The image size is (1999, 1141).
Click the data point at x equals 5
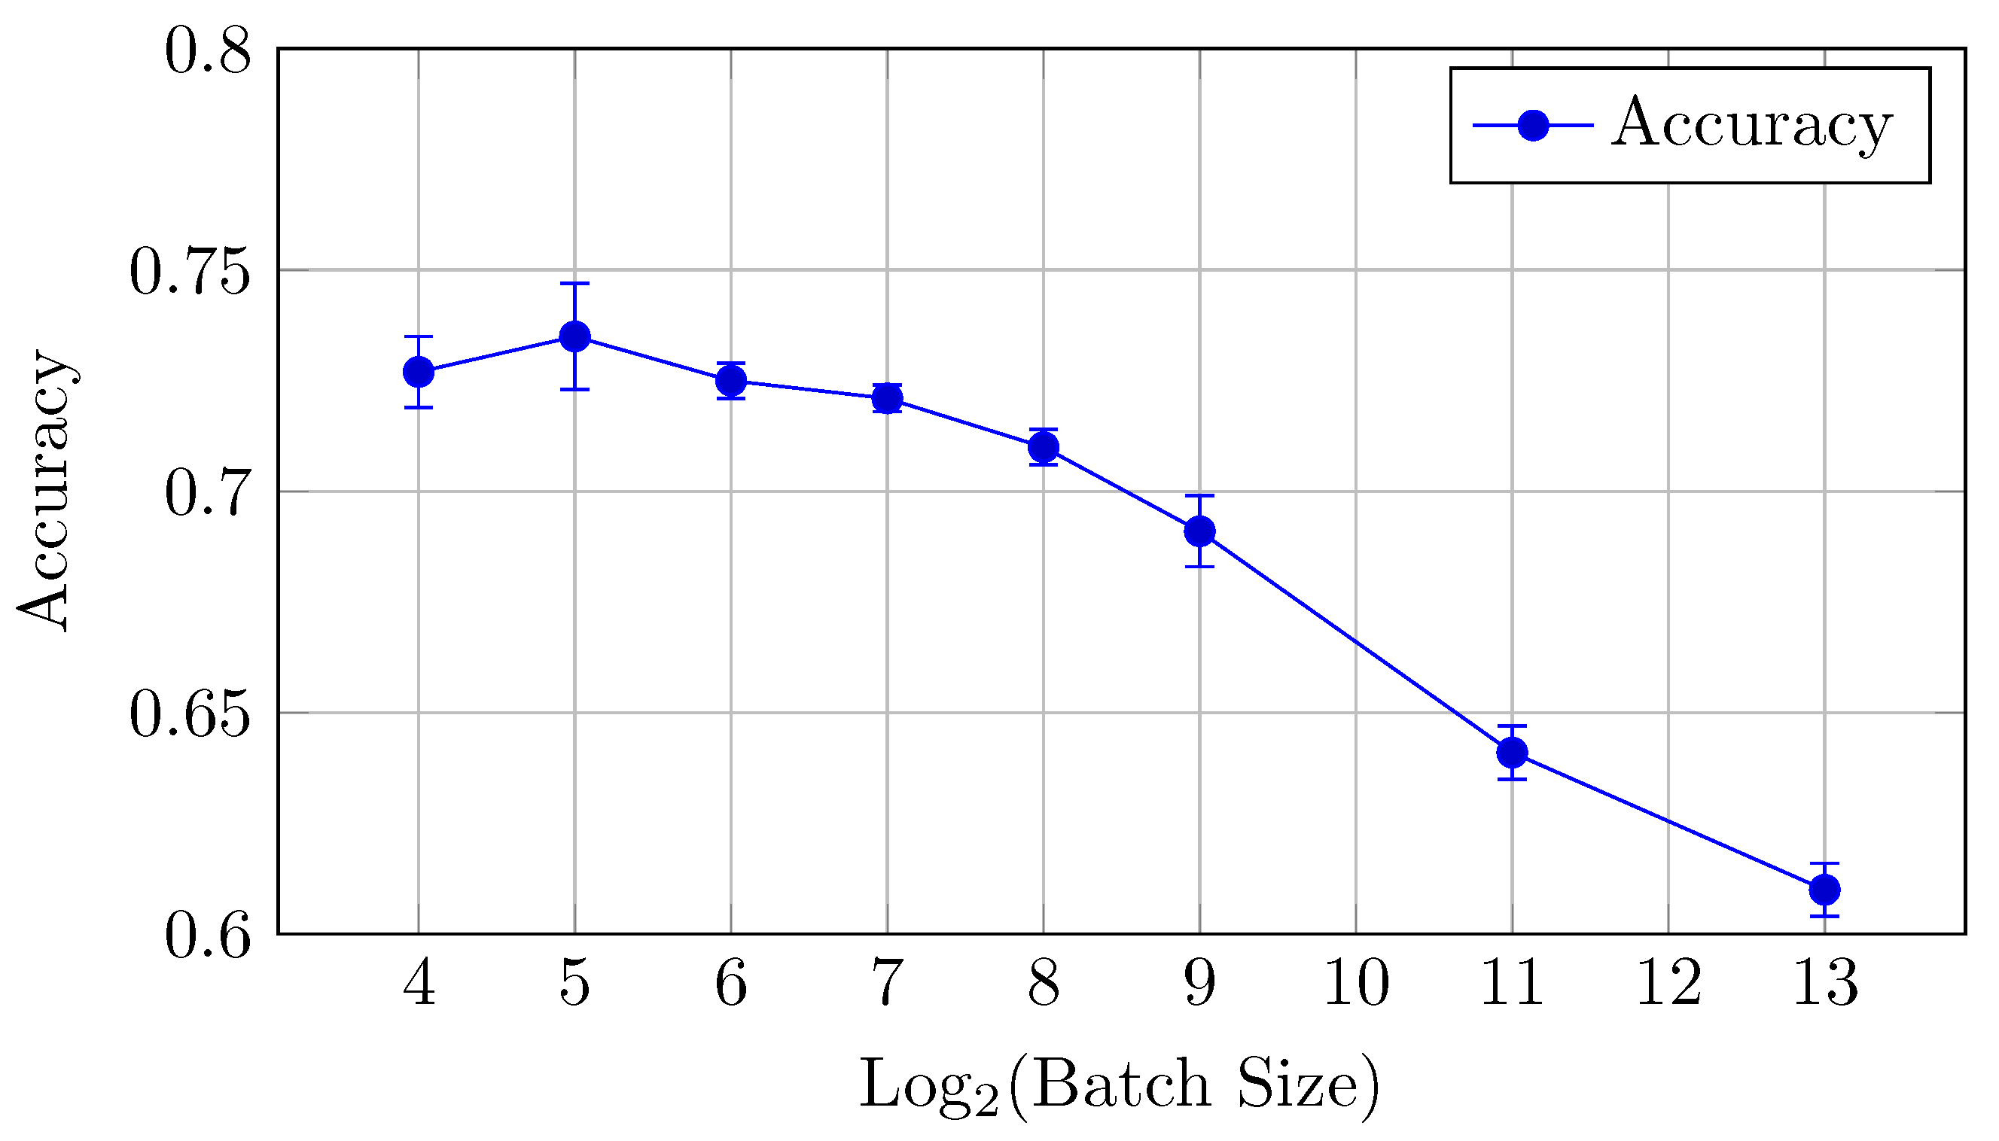574,337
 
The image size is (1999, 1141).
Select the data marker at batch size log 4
419,372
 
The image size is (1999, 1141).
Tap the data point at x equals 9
1199,531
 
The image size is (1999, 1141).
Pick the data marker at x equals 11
1511,753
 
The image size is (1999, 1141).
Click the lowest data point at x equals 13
1824,890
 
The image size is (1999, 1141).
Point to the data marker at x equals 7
887,398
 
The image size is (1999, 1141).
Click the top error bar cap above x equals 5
574,284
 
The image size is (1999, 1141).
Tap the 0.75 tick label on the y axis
190,271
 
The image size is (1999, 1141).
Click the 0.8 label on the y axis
208,52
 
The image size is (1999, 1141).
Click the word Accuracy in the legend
1751,125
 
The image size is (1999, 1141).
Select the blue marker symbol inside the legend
1533,125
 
